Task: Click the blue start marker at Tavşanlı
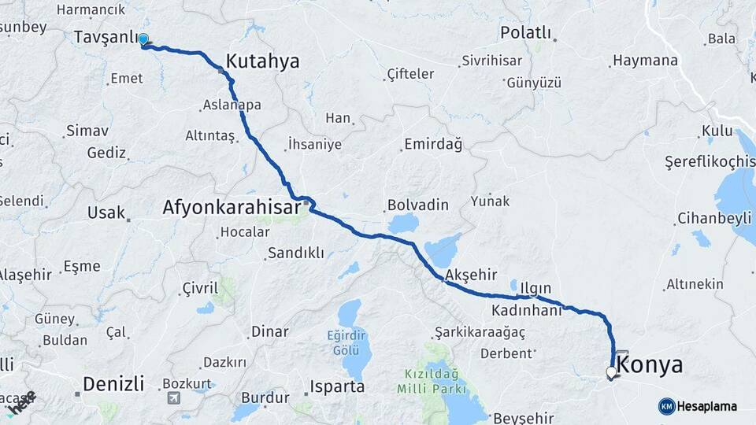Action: click(144, 39)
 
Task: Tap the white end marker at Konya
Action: click(611, 372)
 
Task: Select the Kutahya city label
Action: click(263, 61)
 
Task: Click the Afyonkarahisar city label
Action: click(231, 208)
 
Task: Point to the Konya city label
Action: click(650, 364)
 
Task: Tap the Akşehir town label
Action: click(471, 275)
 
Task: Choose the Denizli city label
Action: click(113, 384)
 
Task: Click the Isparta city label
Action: click(338, 387)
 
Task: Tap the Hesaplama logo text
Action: click(707, 406)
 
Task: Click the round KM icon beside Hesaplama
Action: click(667, 406)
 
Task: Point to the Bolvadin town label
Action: click(417, 205)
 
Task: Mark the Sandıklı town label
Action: click(295, 253)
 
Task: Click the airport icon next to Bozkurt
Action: click(172, 397)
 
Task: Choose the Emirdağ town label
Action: click(432, 144)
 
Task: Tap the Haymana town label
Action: click(645, 61)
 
